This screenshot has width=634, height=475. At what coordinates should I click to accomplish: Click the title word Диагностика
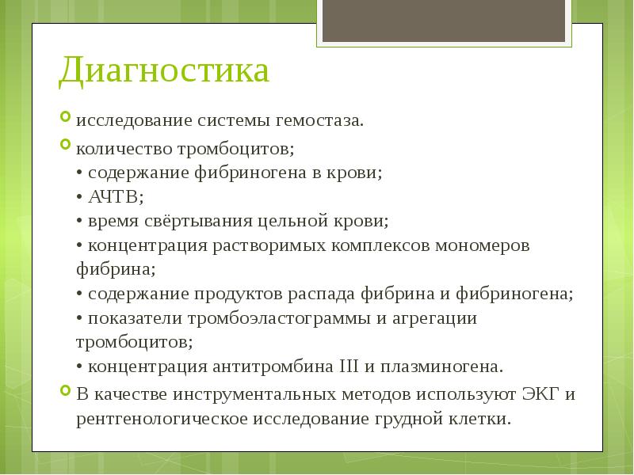pyautogui.click(x=164, y=71)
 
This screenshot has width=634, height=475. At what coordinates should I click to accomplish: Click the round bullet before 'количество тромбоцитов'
pyautogui.click(x=66, y=145)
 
